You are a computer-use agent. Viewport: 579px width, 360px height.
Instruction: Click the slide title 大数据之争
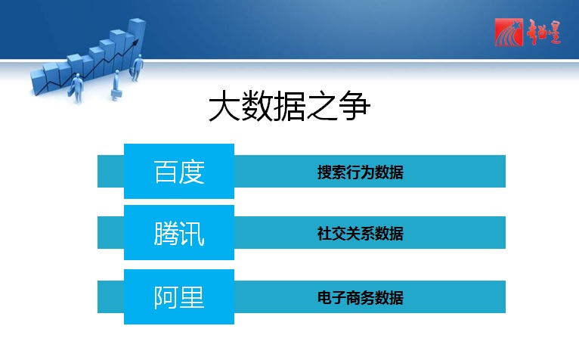[289, 107]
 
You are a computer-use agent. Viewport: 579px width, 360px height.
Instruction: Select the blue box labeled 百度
[179, 171]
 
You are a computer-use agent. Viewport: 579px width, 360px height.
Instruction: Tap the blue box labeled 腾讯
[179, 233]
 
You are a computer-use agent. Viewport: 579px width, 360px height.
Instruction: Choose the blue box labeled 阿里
[179, 297]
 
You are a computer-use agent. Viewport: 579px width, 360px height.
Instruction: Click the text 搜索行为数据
[361, 172]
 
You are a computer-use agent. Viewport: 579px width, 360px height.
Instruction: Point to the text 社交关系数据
[361, 234]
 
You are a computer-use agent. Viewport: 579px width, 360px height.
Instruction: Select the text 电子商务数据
[361, 298]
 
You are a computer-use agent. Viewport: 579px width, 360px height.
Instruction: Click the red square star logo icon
[509, 33]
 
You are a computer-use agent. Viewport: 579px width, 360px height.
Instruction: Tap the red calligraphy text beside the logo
[544, 33]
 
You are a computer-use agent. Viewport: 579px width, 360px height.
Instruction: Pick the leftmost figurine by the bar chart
[76, 88]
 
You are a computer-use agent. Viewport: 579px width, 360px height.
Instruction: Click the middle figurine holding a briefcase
[116, 85]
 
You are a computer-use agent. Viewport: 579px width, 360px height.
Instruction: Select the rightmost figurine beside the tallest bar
[137, 67]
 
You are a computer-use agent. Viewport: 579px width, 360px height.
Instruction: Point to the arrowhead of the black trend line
[136, 42]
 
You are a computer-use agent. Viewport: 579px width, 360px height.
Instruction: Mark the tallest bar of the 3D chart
[136, 41]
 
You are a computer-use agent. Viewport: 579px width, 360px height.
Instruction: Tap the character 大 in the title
[224, 107]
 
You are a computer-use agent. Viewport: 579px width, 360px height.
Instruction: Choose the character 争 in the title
[355, 107]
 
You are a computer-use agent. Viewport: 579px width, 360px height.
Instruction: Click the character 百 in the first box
[166, 172]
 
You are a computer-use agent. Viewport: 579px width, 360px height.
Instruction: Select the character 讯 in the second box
[193, 234]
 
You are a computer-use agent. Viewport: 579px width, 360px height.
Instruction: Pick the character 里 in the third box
[193, 297]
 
